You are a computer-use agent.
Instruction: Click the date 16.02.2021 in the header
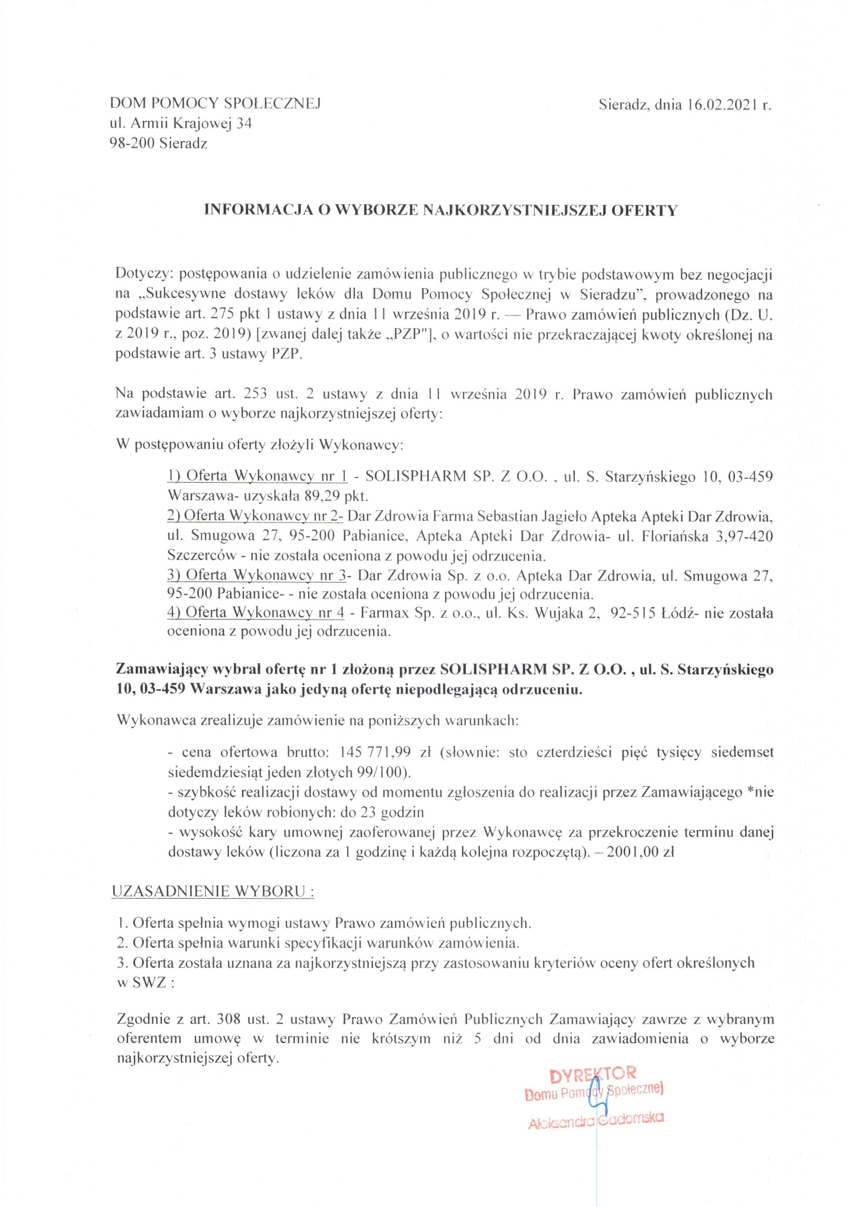pos(720,105)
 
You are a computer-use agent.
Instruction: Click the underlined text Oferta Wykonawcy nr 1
pos(257,477)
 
